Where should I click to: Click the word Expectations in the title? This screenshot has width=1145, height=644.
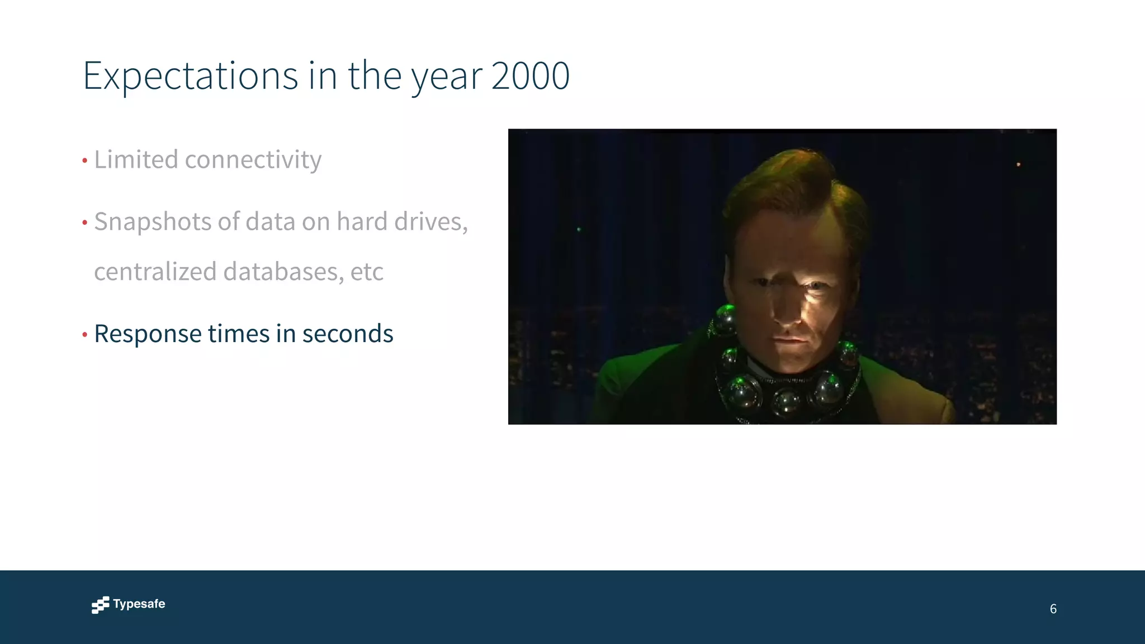(x=190, y=76)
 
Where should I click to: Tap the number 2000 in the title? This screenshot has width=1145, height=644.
(x=531, y=76)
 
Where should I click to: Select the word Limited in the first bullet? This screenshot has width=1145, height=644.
(x=136, y=159)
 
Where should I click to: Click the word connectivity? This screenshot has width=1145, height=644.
(x=253, y=160)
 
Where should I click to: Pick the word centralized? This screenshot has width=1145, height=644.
(x=155, y=272)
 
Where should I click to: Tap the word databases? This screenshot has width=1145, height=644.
(x=283, y=272)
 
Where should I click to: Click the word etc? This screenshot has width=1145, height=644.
(x=367, y=272)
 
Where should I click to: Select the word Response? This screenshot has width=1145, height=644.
(x=148, y=334)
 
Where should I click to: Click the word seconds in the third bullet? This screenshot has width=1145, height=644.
(x=348, y=334)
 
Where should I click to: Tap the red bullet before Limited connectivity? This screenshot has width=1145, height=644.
(x=85, y=161)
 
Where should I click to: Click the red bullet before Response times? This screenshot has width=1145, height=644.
(x=85, y=335)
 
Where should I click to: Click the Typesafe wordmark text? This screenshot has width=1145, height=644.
(x=139, y=604)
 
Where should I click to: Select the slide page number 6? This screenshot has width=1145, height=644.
(x=1053, y=609)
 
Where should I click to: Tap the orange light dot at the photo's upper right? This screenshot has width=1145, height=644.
(x=1018, y=164)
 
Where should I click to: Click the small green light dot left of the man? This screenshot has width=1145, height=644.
(x=579, y=229)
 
